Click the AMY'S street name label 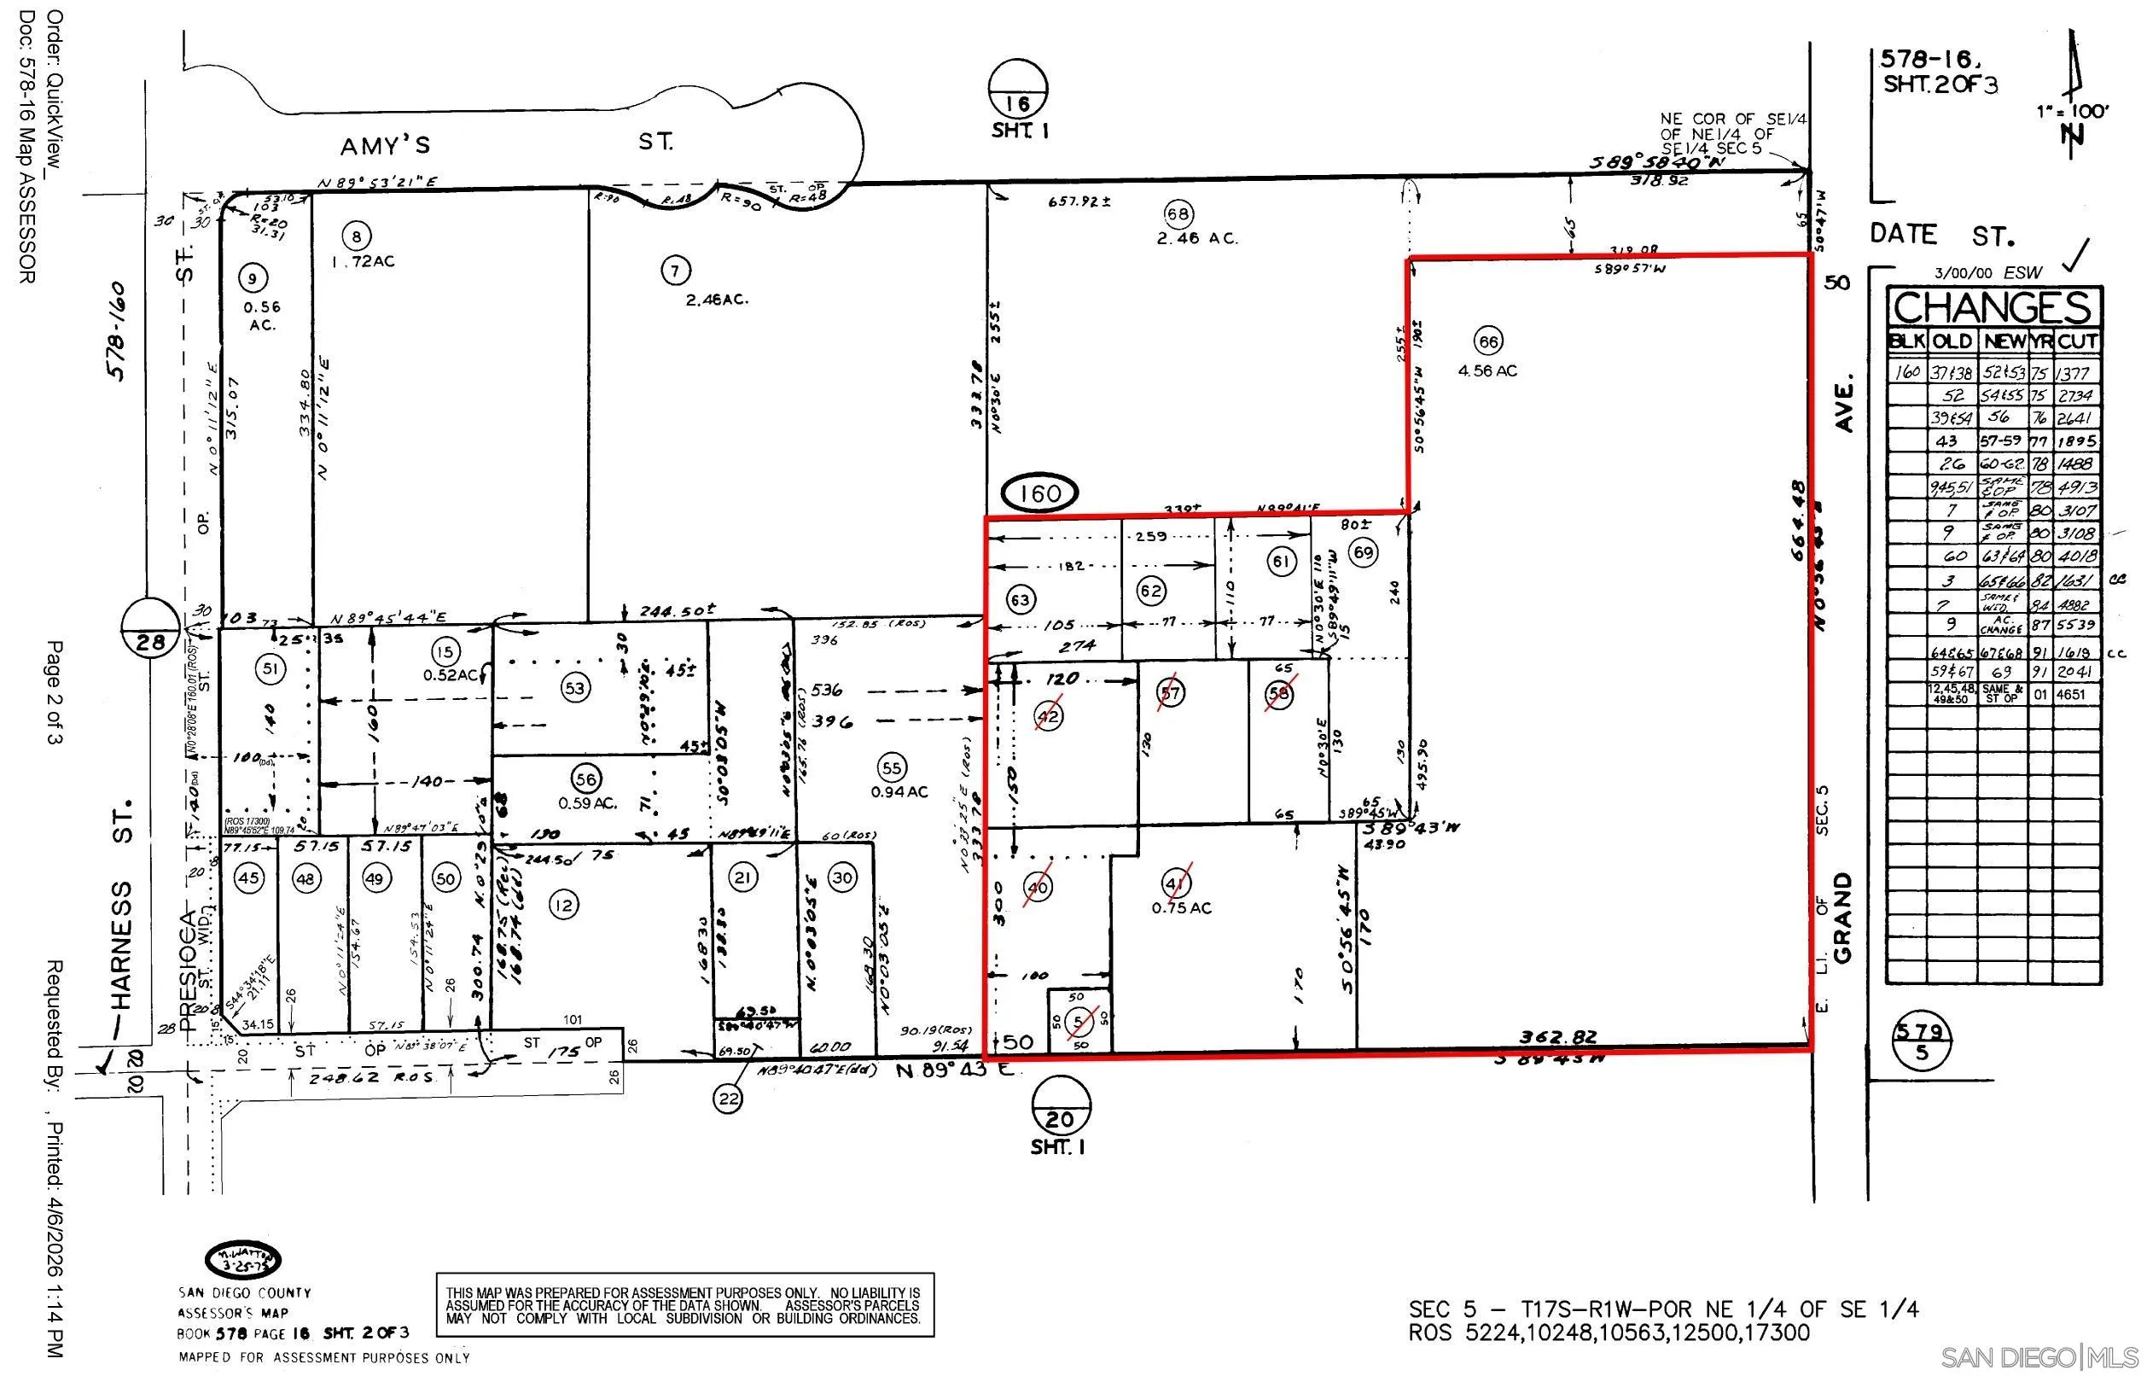[385, 145]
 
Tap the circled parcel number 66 [1488, 341]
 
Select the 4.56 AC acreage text [1487, 370]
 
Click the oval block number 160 [1040, 493]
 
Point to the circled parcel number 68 [1178, 213]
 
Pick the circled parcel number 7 [675, 270]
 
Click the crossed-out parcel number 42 [1049, 715]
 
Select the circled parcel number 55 [891, 767]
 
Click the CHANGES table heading [1993, 308]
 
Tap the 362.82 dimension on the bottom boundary [1557, 1037]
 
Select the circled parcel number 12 [563, 905]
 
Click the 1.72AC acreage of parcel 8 [363, 262]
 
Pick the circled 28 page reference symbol [152, 630]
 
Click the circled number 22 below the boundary [728, 1098]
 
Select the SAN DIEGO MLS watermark [2040, 1356]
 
